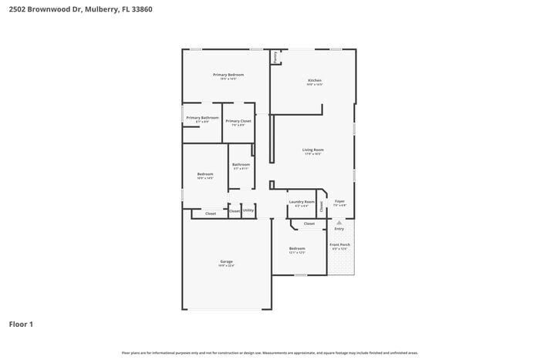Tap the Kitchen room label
coord(315,80)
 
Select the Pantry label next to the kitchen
coord(275,57)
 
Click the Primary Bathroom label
coord(202,118)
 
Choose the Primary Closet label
coord(238,121)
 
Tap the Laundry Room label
coord(302,202)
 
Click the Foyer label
coord(339,202)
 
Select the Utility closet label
coord(248,210)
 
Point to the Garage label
coord(226,261)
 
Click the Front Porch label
coord(339,244)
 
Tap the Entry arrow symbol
coord(339,222)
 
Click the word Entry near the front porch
coord(339,229)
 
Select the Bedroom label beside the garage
coord(297,248)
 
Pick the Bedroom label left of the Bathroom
coord(204,174)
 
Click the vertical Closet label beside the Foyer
coord(322,204)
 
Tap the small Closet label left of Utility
coord(235,210)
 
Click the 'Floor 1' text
coord(21,325)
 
